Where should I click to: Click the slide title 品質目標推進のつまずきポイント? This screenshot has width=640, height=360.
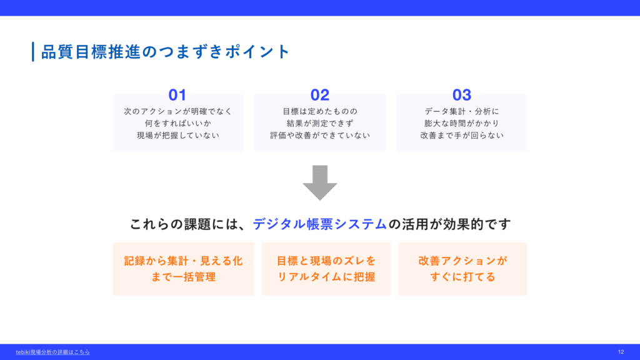point(165,52)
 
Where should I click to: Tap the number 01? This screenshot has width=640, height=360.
point(177,95)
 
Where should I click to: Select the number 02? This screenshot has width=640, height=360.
point(319,95)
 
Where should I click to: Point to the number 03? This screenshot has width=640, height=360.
point(462,95)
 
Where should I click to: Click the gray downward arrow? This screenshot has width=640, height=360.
point(320,182)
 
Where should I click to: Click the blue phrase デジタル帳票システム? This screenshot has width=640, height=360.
point(319,224)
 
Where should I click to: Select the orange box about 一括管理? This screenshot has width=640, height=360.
point(183,269)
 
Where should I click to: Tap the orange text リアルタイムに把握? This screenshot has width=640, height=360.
point(326,277)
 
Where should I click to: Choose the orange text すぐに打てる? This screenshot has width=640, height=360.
point(462,277)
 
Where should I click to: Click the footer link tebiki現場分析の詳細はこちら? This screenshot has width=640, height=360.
point(52,352)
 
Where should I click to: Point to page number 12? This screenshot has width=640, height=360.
point(621,352)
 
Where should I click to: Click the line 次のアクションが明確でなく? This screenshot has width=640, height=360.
point(177,111)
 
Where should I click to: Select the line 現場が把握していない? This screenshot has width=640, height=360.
point(177,135)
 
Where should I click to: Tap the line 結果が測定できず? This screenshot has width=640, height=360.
point(319,123)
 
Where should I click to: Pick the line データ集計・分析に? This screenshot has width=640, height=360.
point(462,111)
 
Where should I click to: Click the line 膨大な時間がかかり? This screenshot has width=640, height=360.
point(462,123)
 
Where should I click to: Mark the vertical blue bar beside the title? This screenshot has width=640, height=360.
point(33,52)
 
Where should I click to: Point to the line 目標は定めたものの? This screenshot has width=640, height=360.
point(319,111)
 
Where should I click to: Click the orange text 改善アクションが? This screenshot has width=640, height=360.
point(462,261)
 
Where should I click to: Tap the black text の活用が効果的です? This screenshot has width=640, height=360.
point(449,224)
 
